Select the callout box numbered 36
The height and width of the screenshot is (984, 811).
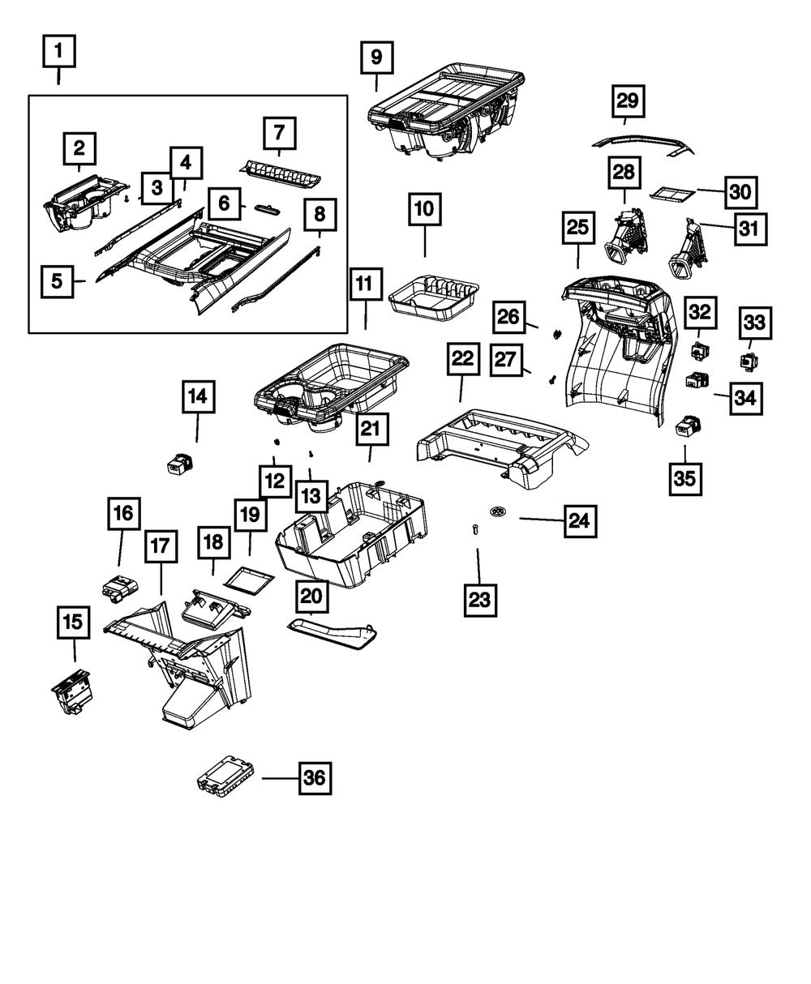coord(315,779)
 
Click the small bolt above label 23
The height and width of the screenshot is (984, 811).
coord(475,529)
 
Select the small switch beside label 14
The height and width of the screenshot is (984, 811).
coord(178,463)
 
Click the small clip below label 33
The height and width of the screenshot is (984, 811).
coord(747,360)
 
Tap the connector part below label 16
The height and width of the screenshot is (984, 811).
coord(119,586)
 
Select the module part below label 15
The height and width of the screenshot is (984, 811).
coord(72,691)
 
